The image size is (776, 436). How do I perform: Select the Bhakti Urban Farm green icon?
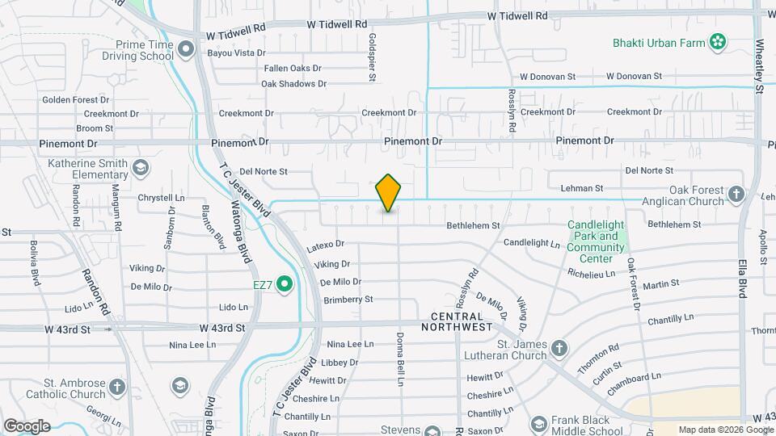tap(715, 41)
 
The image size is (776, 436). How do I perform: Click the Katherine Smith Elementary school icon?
tap(141, 168)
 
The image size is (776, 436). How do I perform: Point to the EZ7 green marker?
tap(284, 284)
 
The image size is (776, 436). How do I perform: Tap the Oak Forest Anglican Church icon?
tap(736, 193)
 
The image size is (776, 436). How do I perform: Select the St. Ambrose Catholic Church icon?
tap(118, 388)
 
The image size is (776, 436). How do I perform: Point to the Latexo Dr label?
tap(326, 244)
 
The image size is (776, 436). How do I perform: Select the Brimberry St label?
tap(348, 300)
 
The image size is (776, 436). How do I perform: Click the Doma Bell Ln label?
tap(399, 352)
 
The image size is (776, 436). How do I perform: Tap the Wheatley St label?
tap(759, 61)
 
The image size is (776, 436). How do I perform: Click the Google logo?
tap(27, 426)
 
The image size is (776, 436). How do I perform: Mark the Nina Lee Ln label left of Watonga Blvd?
tap(192, 346)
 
